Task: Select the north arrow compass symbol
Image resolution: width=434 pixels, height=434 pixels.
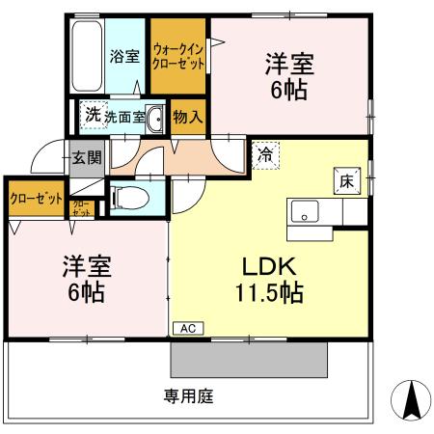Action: coord(409,399)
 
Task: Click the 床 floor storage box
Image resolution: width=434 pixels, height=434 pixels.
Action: coord(344,180)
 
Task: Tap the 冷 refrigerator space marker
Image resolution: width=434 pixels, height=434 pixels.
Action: coord(264,154)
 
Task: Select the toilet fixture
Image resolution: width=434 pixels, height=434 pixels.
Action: coord(130,199)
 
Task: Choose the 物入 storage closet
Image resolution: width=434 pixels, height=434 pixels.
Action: coord(187,117)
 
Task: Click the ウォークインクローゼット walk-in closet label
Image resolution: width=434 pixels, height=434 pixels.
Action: coord(178,55)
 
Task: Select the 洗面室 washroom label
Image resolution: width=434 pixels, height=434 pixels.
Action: coord(125,118)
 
